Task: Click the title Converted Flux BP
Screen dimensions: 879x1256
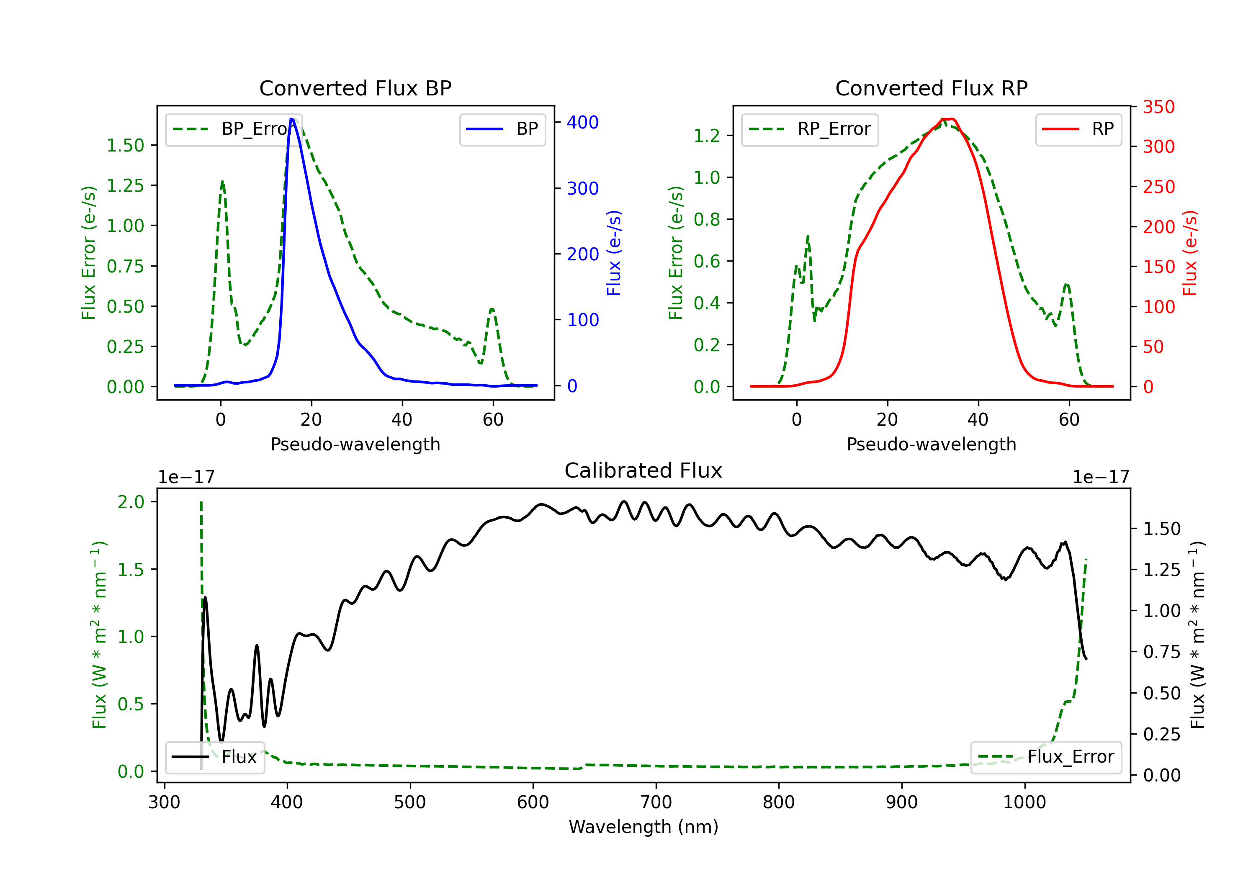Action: (355, 88)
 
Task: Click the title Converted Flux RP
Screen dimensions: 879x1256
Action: (931, 88)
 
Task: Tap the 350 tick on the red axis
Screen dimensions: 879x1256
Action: (1158, 107)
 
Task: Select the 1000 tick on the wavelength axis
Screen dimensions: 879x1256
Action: (1024, 802)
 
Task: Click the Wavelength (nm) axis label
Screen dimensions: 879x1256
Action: (643, 827)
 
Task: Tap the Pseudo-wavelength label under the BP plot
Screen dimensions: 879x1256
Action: (355, 444)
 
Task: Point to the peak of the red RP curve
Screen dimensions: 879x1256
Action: (948, 119)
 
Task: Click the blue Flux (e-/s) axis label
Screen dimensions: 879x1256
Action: (614, 253)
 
